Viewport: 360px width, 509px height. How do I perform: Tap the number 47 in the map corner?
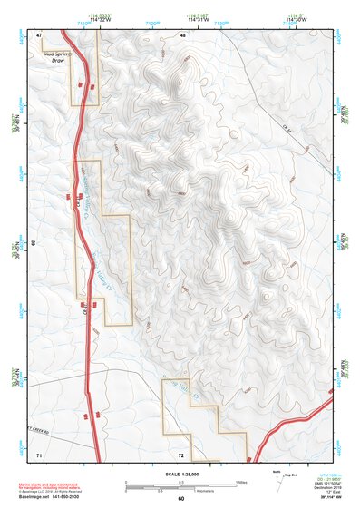40,35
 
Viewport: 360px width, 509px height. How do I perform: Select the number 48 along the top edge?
183,35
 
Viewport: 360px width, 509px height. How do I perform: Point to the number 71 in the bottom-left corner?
39,452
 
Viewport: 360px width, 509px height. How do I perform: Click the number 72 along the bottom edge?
181,452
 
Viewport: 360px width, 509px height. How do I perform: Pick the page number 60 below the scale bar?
180,498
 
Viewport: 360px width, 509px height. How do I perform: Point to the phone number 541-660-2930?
93,496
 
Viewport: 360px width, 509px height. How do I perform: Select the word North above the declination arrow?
276,472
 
